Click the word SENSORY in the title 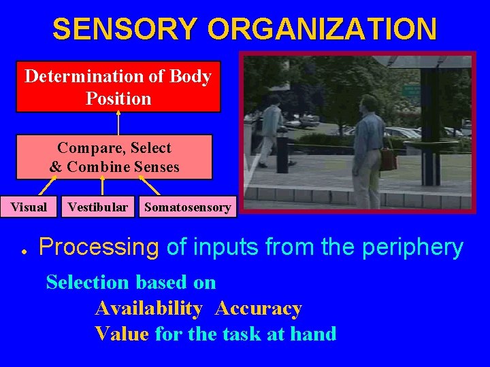point(126,29)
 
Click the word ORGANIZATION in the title point(322,29)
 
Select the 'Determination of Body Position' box point(118,87)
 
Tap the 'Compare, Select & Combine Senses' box point(114,157)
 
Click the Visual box point(29,207)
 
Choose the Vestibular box point(97,207)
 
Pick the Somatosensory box point(187,207)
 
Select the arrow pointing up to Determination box point(118,123)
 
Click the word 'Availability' point(148,309)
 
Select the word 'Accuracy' point(258,309)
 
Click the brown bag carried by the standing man point(389,159)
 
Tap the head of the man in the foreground point(369,104)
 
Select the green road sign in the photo point(410,90)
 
